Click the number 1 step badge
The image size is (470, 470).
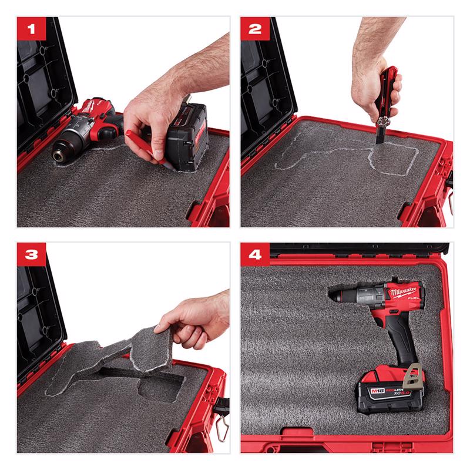tap(30, 29)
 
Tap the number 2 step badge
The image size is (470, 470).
tap(254, 29)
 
